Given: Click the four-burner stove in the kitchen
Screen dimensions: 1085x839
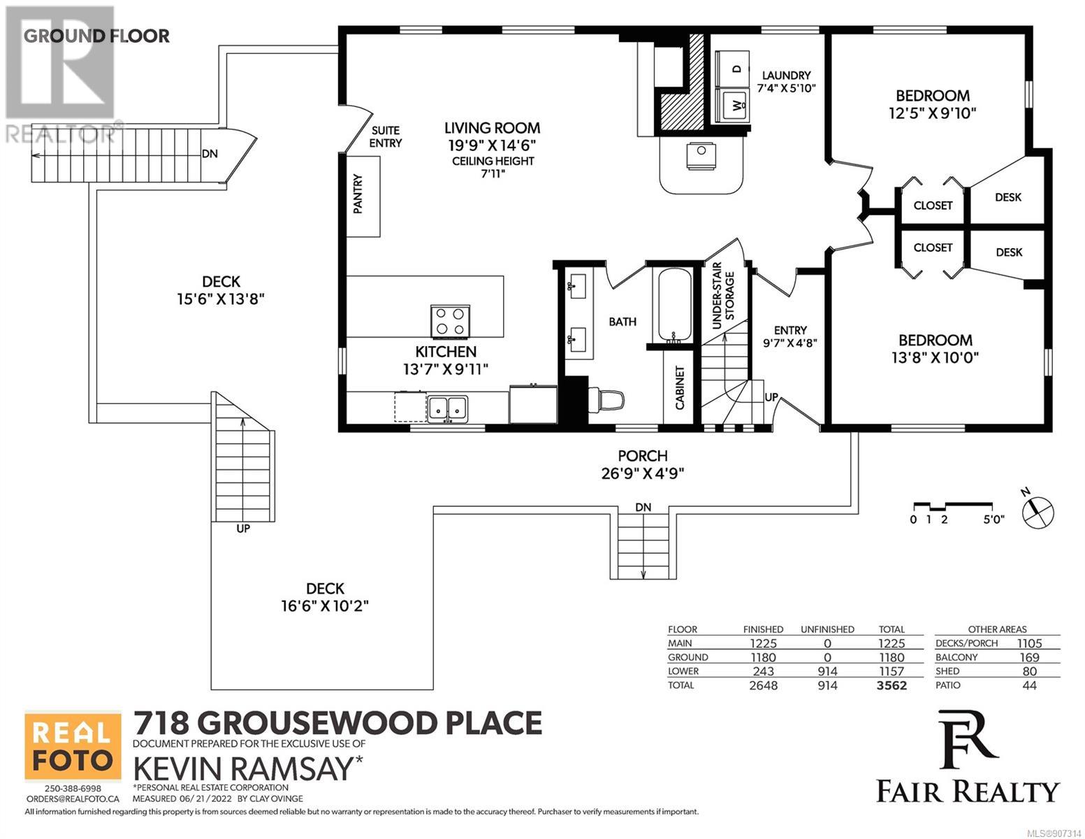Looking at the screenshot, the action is coord(450,322).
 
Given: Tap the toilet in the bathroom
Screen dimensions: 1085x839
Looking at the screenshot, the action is coord(606,400).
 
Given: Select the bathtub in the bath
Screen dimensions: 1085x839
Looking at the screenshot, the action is coord(674,306).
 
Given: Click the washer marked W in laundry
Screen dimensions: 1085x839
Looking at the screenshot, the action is coord(732,106).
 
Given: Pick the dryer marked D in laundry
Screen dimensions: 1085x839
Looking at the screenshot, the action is coord(732,69).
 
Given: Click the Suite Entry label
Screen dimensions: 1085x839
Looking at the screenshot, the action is coord(386,136).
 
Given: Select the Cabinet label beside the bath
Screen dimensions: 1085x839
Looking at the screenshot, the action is coord(680,388).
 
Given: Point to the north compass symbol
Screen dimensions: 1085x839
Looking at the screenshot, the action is coord(1038,512).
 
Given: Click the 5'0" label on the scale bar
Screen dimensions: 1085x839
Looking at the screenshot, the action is coord(993,519).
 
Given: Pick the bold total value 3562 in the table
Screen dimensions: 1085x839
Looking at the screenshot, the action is coord(891,685).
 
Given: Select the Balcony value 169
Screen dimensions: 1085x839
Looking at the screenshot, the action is coord(1030,657).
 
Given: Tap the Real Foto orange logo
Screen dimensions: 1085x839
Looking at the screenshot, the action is coord(73,746).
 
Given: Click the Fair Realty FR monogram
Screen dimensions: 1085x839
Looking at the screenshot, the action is coord(968,740).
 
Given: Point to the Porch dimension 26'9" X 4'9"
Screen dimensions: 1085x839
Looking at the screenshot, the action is coord(643,473).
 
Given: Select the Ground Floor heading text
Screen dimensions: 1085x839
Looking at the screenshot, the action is coord(96,36).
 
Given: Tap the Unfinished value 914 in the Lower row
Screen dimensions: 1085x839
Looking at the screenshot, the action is coord(827,671).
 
